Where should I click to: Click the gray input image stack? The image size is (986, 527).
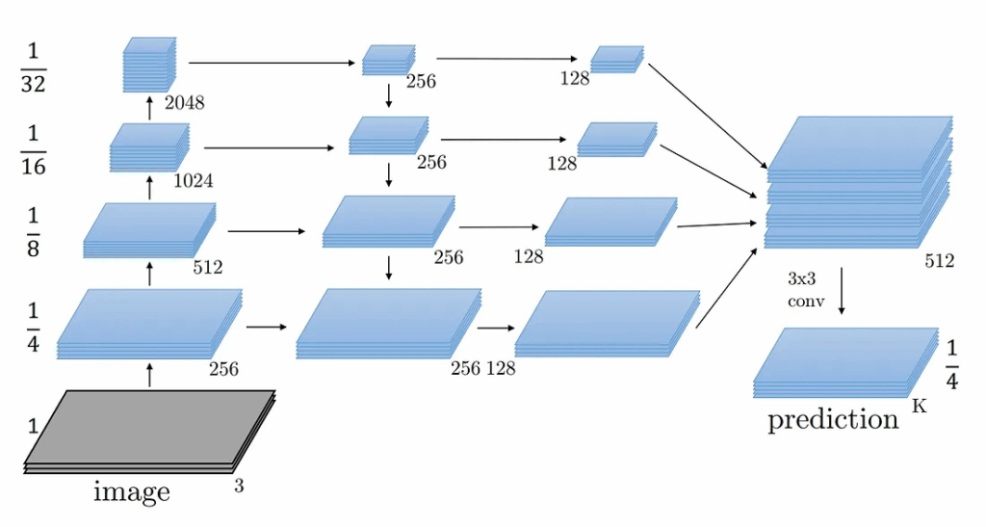pos(149,430)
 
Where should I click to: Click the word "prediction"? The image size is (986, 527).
pos(833,419)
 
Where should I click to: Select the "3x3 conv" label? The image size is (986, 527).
pos(803,286)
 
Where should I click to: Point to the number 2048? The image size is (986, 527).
pos(184,102)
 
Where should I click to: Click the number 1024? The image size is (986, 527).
pos(194,180)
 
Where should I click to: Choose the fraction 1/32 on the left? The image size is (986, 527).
pos(34,66)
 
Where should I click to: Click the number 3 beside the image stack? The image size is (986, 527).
pos(239,487)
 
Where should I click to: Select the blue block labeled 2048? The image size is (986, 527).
pos(149,65)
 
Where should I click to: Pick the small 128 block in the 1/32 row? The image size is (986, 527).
pos(616,59)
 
